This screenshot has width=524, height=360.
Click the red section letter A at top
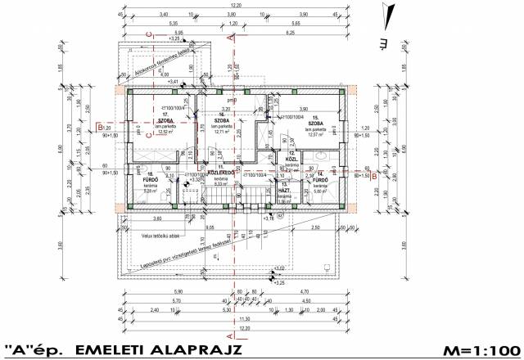point(233,36)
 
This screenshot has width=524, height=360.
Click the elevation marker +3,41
point(173,82)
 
